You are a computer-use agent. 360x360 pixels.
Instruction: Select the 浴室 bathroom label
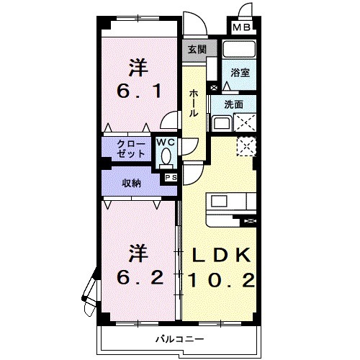coord(239,73)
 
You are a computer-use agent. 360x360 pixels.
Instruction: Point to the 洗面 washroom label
coord(234,104)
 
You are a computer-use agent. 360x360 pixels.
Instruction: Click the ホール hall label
coord(194,104)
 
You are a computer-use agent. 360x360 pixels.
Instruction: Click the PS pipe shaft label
coord(171,177)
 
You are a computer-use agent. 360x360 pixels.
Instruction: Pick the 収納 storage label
coord(131,183)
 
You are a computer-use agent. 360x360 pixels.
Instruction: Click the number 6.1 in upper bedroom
coord(139,92)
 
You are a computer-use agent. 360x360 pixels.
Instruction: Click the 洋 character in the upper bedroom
coord(138,67)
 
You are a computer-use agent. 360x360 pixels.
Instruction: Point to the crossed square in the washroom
coord(245,123)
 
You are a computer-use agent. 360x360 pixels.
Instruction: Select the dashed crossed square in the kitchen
coord(246,146)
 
